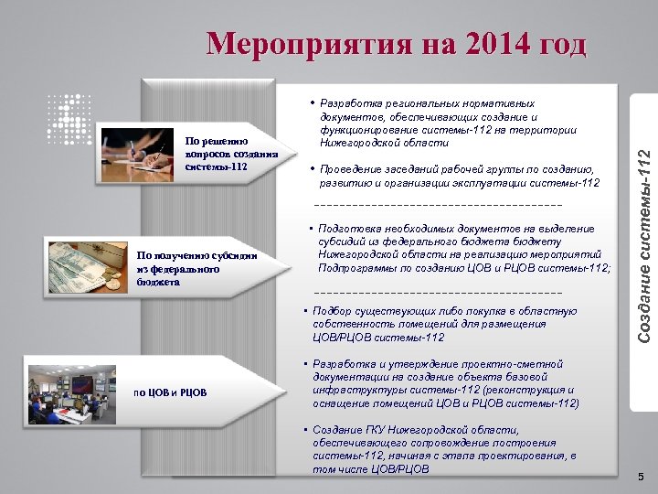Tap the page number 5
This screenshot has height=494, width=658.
pos(641,477)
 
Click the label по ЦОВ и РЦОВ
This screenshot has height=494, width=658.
pos(170,393)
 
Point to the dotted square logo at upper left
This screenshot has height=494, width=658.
pos(68,115)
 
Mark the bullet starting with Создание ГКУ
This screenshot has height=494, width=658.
pos(443,449)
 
